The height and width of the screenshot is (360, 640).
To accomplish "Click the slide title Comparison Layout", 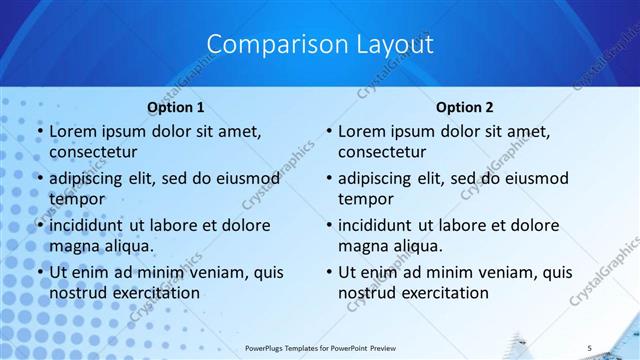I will (x=320, y=45).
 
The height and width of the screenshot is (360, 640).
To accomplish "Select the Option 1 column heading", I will (x=176, y=107).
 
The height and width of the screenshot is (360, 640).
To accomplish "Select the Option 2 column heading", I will (x=465, y=107).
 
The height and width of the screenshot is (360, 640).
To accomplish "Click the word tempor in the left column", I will (x=75, y=198).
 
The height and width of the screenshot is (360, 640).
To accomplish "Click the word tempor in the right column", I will (x=365, y=198).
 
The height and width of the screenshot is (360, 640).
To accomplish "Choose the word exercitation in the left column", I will (x=155, y=293).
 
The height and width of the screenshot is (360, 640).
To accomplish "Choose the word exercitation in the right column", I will (x=444, y=293).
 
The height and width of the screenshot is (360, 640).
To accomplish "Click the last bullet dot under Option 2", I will (x=328, y=272).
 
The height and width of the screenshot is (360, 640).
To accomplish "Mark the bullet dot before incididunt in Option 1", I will (x=39, y=225).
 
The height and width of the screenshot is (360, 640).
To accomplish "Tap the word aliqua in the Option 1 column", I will (x=127, y=245).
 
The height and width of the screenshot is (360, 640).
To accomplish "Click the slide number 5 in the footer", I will (x=590, y=347).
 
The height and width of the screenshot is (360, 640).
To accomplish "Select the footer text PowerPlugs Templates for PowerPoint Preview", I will (x=320, y=347).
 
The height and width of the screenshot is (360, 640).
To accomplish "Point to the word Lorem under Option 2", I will (x=361, y=132).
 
